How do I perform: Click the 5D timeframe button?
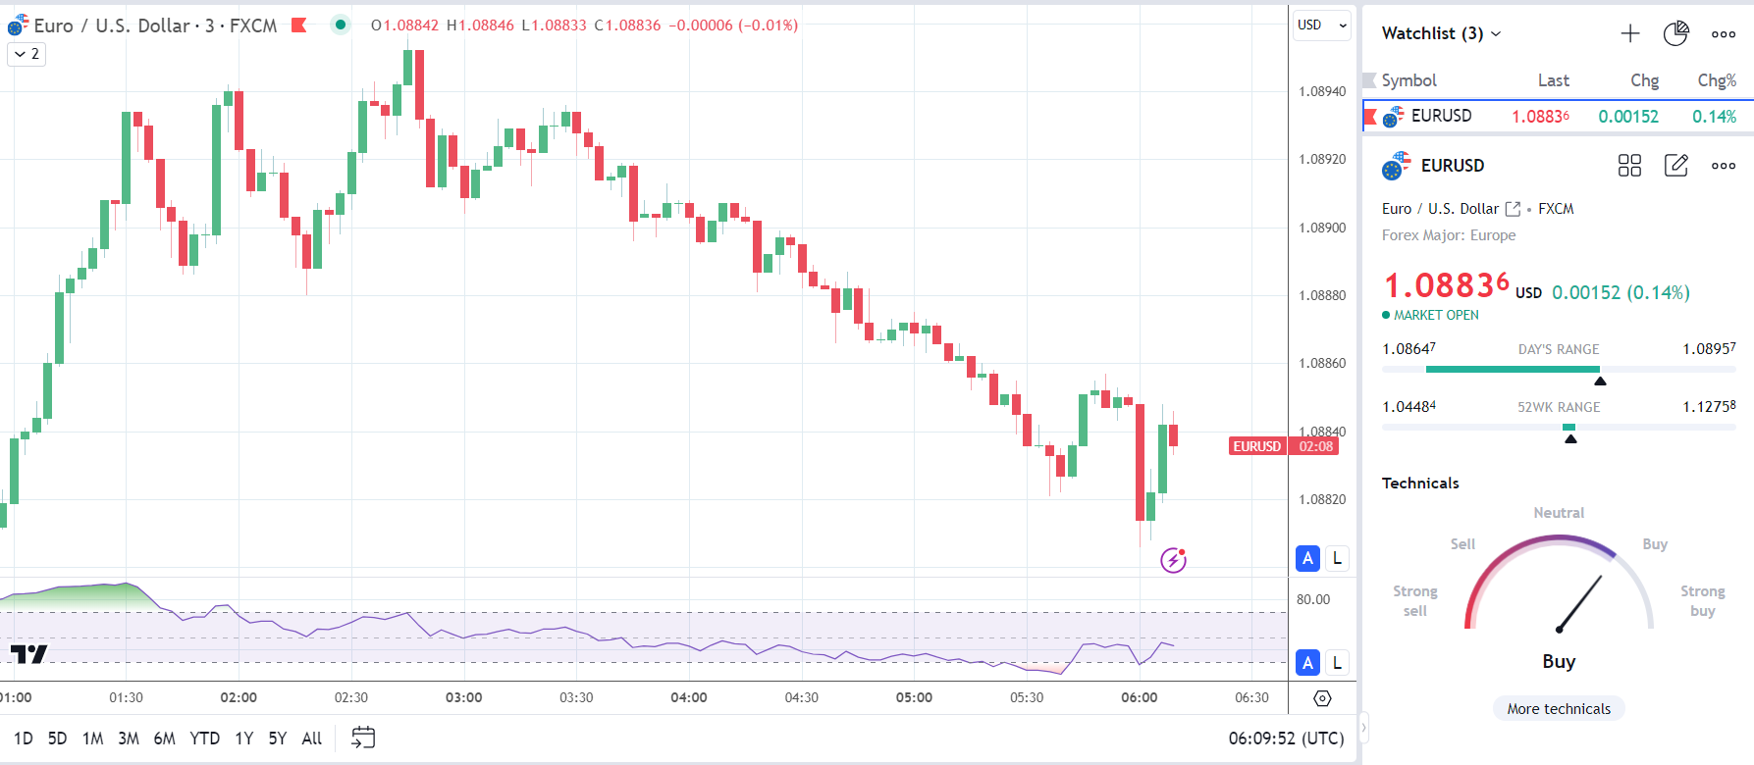57,739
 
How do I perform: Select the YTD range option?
204,739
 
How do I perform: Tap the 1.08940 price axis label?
1322,91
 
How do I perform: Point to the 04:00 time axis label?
688,697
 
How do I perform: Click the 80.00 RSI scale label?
1313,599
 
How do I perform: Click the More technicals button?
1559,709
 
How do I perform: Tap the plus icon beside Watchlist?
1629,33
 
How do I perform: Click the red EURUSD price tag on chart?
1257,446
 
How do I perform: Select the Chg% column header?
1717,80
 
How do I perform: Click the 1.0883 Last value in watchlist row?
1540,117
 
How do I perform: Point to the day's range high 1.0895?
1709,349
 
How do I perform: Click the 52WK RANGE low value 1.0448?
1409,407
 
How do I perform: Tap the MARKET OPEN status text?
1435,315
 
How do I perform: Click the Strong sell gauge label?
1414,600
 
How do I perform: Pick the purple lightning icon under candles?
1173,560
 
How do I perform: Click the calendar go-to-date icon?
363,738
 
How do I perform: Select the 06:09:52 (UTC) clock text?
1286,739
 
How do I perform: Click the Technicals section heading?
1420,484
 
